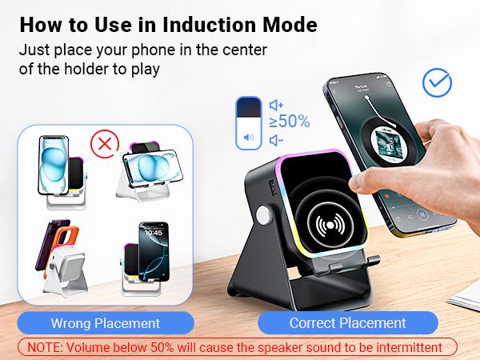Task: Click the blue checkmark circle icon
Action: click(x=437, y=82)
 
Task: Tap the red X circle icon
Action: click(x=102, y=145)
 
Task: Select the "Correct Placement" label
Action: click(x=347, y=323)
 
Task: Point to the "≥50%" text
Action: click(x=289, y=122)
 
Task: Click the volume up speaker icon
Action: click(x=277, y=105)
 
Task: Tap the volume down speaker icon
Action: click(x=276, y=140)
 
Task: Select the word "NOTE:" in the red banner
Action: click(x=50, y=347)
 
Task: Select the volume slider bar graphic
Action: click(x=248, y=122)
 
